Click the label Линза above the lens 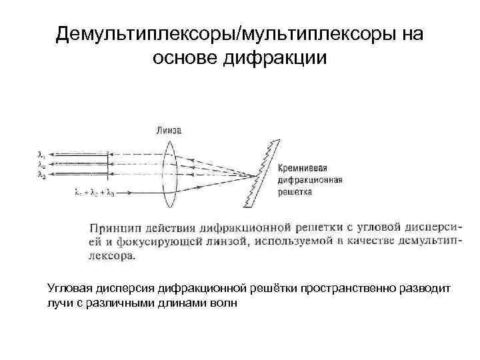click(x=169, y=129)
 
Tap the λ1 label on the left click(x=41, y=153)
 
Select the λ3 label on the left click(x=41, y=175)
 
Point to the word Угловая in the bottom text click(x=68, y=289)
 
